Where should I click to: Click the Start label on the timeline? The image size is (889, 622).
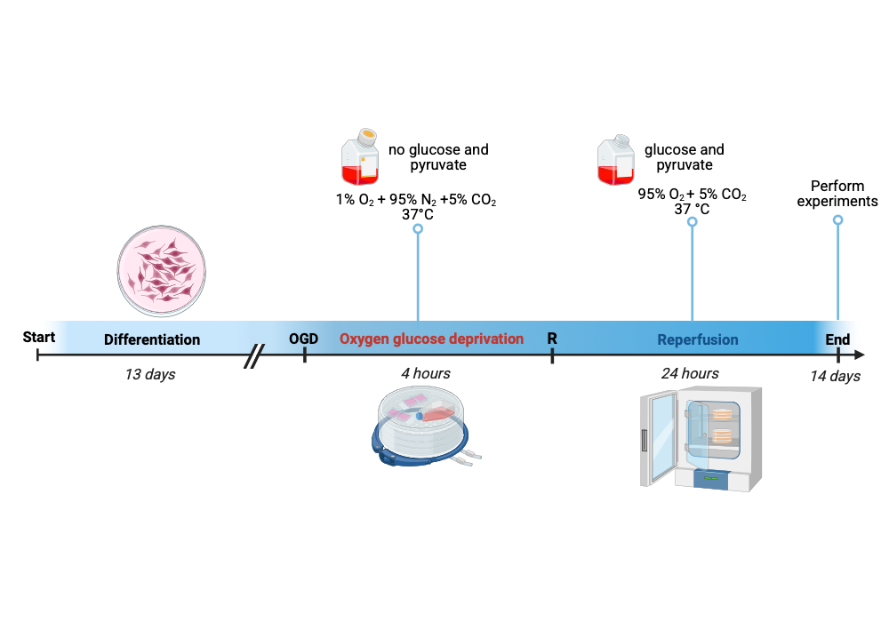(x=38, y=337)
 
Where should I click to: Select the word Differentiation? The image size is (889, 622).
(x=152, y=339)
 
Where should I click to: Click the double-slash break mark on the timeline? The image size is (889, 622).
(x=255, y=355)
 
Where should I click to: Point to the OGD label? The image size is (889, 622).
(x=304, y=339)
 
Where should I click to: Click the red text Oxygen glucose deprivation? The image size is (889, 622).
(x=431, y=339)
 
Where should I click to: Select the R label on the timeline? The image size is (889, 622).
(x=552, y=339)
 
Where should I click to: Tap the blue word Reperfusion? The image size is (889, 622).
(x=698, y=339)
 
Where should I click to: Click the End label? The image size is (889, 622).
(x=837, y=339)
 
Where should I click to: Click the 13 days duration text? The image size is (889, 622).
(x=149, y=374)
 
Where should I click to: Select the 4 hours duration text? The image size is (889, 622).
(x=425, y=373)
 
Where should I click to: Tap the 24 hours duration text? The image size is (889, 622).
(x=690, y=373)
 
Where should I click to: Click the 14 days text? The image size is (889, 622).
(x=835, y=376)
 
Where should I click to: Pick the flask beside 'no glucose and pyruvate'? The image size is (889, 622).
(x=361, y=157)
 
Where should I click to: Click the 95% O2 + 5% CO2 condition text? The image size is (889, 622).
(x=692, y=195)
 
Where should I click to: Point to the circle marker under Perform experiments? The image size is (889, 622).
(x=837, y=219)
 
